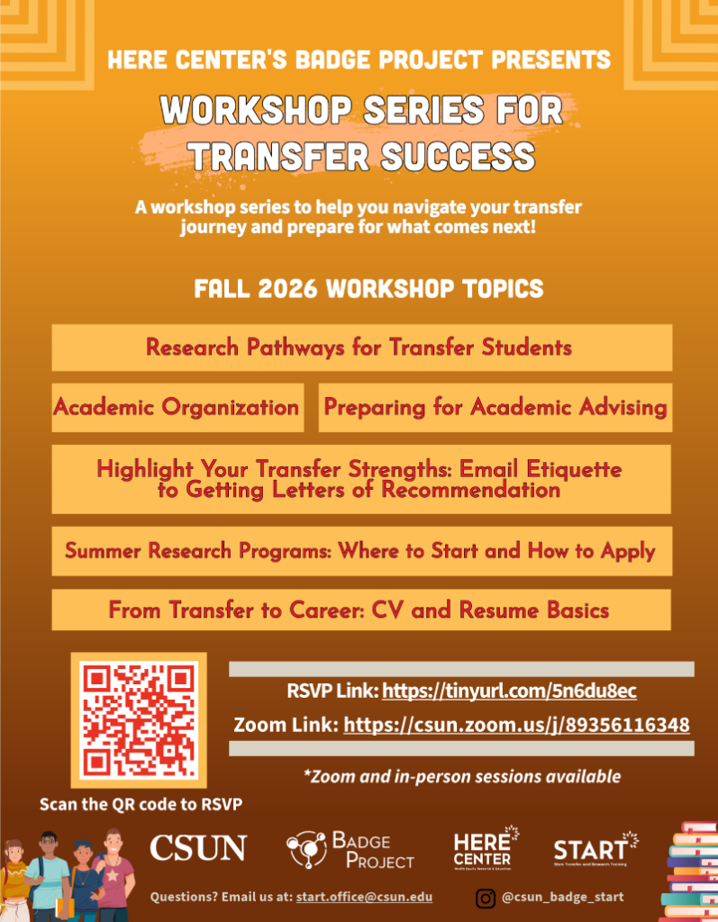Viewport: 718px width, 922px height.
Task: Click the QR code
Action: (139, 719)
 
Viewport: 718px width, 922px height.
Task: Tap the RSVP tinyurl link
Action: (510, 691)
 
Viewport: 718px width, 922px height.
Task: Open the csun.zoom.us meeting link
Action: (517, 725)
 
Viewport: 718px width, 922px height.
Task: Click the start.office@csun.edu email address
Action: (364, 897)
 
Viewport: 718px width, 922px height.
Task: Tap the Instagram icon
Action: (486, 898)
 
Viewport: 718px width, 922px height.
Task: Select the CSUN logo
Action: (198, 848)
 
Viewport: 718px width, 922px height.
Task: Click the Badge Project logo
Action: (350, 850)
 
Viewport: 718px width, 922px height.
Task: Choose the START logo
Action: (595, 848)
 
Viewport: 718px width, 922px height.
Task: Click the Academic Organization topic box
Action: (177, 408)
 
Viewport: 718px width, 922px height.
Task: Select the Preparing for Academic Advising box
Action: (495, 408)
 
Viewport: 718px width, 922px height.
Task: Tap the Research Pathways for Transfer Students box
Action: (362, 348)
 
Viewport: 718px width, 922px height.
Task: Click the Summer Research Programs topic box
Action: (362, 551)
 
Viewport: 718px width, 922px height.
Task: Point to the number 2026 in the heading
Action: (287, 289)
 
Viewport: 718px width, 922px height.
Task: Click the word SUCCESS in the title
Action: (458, 157)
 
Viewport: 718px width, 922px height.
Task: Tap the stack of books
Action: (690, 872)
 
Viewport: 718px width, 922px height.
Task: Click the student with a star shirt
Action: (114, 875)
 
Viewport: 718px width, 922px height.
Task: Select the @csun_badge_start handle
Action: (563, 898)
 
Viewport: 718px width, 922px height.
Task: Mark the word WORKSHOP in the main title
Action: (256, 110)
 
